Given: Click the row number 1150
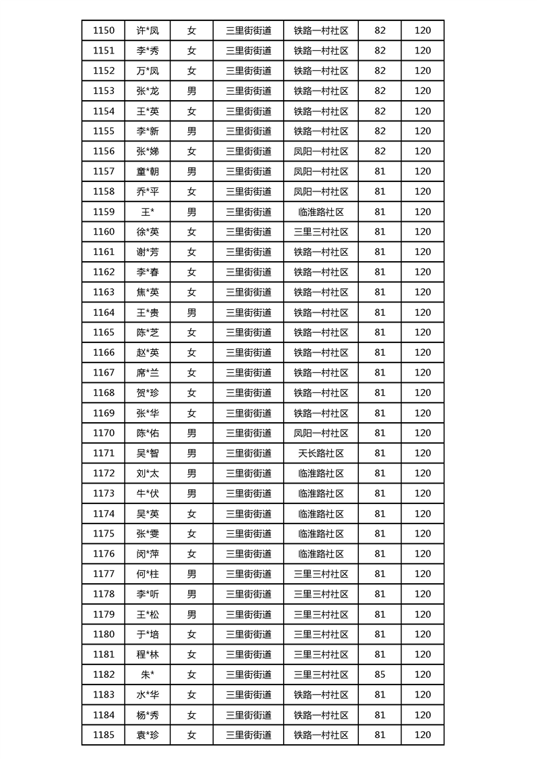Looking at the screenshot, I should tap(104, 30).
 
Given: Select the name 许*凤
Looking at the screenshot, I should tap(148, 30).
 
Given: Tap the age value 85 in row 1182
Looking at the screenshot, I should tap(379, 674).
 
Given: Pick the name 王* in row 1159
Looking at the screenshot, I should tap(148, 212).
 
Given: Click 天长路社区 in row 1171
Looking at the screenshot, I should tap(321, 453).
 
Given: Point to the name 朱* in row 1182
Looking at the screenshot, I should tap(148, 674).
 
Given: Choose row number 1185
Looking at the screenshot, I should tap(104, 735).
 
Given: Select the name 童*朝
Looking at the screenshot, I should tap(148, 171).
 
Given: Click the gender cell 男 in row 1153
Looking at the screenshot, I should tap(192, 91).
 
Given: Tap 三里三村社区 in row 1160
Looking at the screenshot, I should tap(321, 231).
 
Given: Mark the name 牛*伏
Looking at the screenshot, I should tap(148, 493).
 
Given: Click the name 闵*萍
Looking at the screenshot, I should tap(148, 554).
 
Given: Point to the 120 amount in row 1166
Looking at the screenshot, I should tap(423, 352).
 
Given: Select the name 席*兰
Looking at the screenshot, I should tap(148, 373).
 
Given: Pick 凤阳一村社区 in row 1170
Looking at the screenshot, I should tap(321, 433).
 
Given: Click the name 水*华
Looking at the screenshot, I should tap(148, 695).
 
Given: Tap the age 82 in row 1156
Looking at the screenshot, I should tap(379, 151).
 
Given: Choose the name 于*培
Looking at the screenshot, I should tap(148, 635).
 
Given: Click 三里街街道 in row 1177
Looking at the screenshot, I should tap(249, 574).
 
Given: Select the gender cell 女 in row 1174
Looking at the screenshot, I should tap(192, 513).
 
